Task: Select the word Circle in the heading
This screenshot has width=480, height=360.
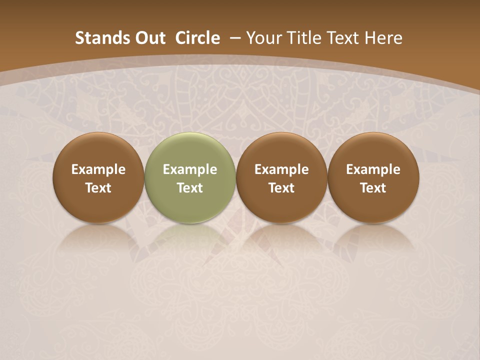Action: tap(197, 38)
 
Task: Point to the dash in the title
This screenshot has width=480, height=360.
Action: tap(234, 38)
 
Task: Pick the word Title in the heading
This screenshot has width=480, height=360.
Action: tap(303, 38)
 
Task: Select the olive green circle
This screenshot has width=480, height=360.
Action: tap(190, 150)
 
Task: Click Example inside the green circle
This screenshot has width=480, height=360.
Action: tap(190, 169)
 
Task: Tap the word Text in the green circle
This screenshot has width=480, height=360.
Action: tap(190, 188)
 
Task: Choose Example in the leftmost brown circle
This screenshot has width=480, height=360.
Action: tap(98, 169)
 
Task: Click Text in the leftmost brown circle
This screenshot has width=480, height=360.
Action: tap(98, 188)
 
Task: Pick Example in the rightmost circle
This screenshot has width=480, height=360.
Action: tap(373, 169)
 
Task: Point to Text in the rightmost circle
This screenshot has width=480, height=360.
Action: tap(373, 188)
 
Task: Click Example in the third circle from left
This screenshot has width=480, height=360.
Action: tap(281, 169)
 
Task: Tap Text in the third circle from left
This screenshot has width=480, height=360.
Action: tap(281, 188)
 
